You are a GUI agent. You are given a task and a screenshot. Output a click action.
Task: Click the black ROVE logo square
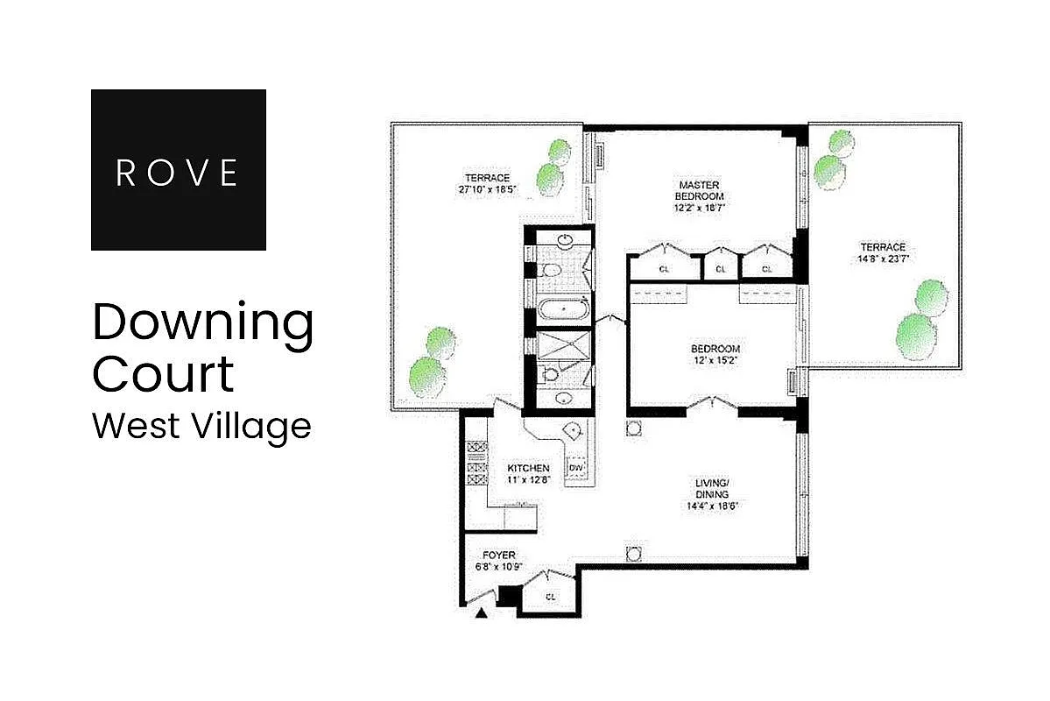[x=178, y=169]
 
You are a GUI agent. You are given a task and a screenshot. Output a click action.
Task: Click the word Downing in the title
[x=202, y=324]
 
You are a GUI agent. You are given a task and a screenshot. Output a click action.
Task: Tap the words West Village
[x=201, y=426]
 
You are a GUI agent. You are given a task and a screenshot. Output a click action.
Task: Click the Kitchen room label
[x=528, y=469]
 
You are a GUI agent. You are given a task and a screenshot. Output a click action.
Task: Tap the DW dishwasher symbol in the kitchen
[x=576, y=469]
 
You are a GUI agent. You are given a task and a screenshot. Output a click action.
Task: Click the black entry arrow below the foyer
[x=480, y=614]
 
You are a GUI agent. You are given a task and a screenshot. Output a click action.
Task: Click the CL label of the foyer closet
[x=551, y=597]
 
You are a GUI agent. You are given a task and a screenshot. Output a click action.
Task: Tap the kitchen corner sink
[x=572, y=430]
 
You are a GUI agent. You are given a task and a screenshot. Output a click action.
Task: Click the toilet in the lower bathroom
[x=550, y=374]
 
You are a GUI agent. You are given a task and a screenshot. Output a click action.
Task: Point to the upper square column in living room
[x=634, y=428]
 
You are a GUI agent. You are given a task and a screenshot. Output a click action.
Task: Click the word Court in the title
[x=164, y=374]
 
